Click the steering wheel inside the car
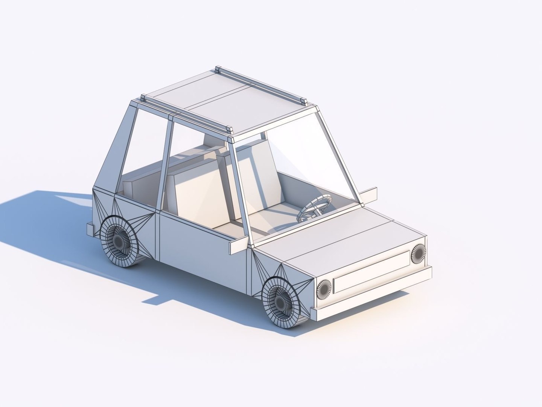click(315, 207)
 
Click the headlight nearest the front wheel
click(324, 289)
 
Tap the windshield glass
click(301, 166)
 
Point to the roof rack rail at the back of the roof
click(260, 85)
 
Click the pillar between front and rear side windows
click(166, 162)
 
